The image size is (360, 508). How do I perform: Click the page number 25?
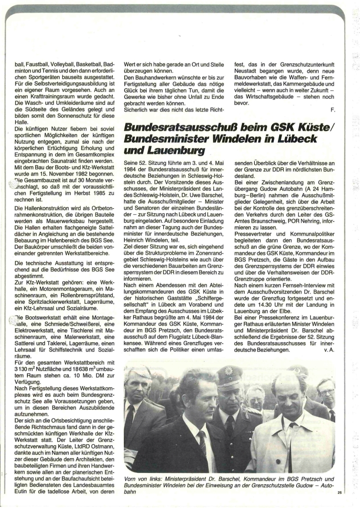(x=339, y=493)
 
